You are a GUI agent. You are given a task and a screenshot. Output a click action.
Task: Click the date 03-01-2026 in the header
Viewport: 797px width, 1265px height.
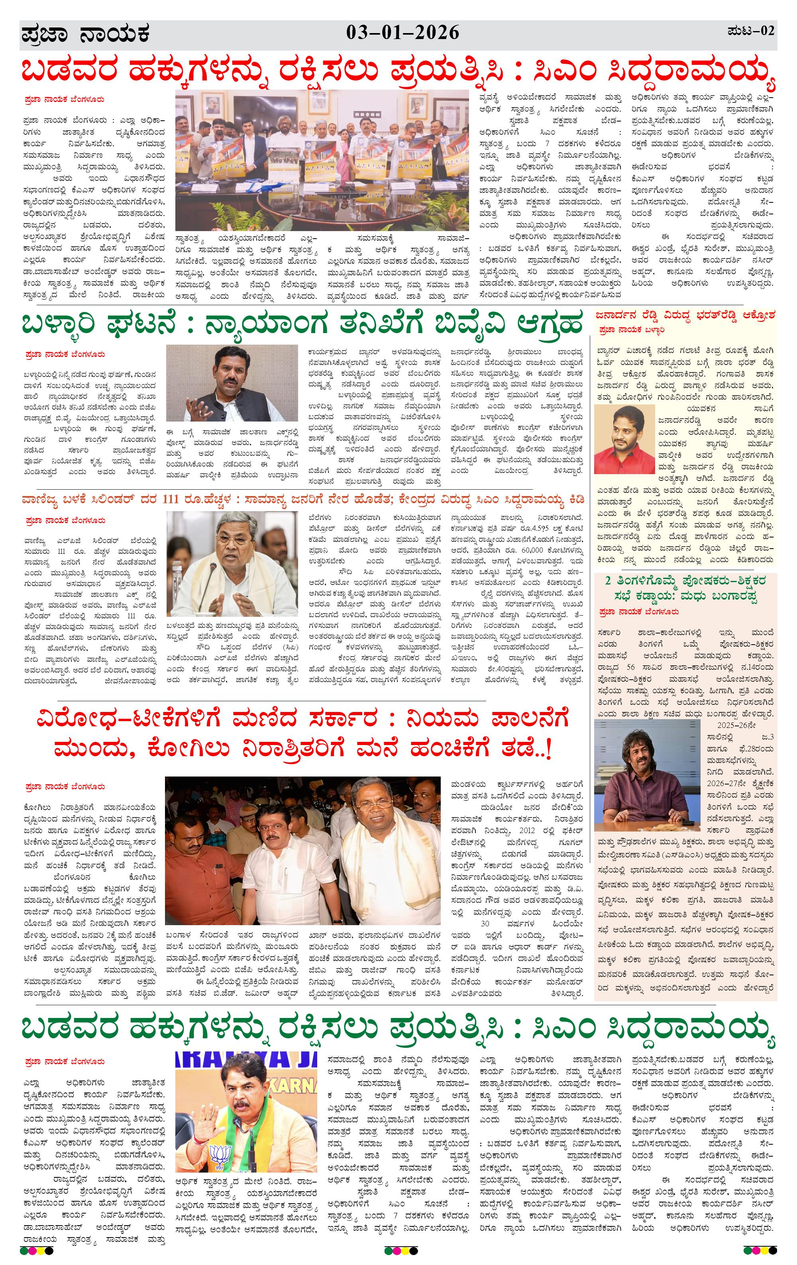click(402, 33)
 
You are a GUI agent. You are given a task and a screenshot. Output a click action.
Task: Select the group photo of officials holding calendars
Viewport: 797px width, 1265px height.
click(322, 160)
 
